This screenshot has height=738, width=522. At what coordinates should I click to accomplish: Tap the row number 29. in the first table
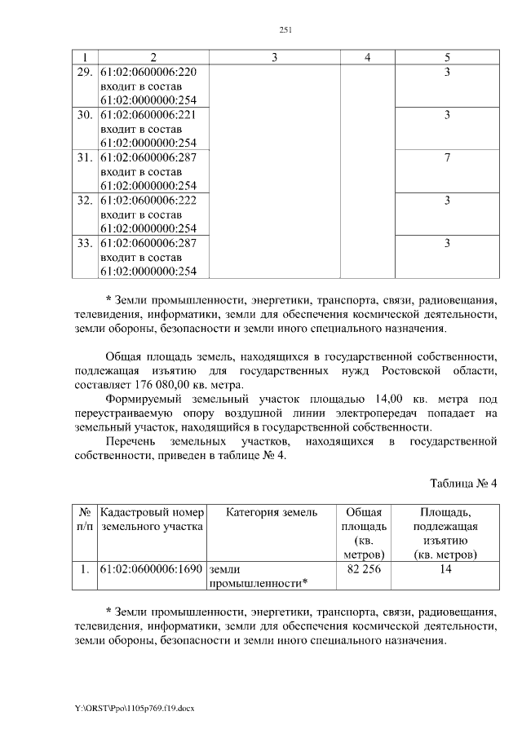[84, 72]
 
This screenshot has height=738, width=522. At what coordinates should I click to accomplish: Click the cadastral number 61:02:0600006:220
[148, 72]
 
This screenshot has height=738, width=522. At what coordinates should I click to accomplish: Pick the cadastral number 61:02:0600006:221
[148, 115]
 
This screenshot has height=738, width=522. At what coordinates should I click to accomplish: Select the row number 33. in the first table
[84, 242]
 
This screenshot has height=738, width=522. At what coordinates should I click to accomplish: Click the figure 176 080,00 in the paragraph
[190, 385]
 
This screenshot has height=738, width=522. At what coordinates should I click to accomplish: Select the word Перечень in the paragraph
[130, 441]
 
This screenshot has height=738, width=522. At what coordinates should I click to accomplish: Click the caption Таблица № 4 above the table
[463, 483]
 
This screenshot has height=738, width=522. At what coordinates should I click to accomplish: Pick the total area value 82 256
[364, 568]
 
